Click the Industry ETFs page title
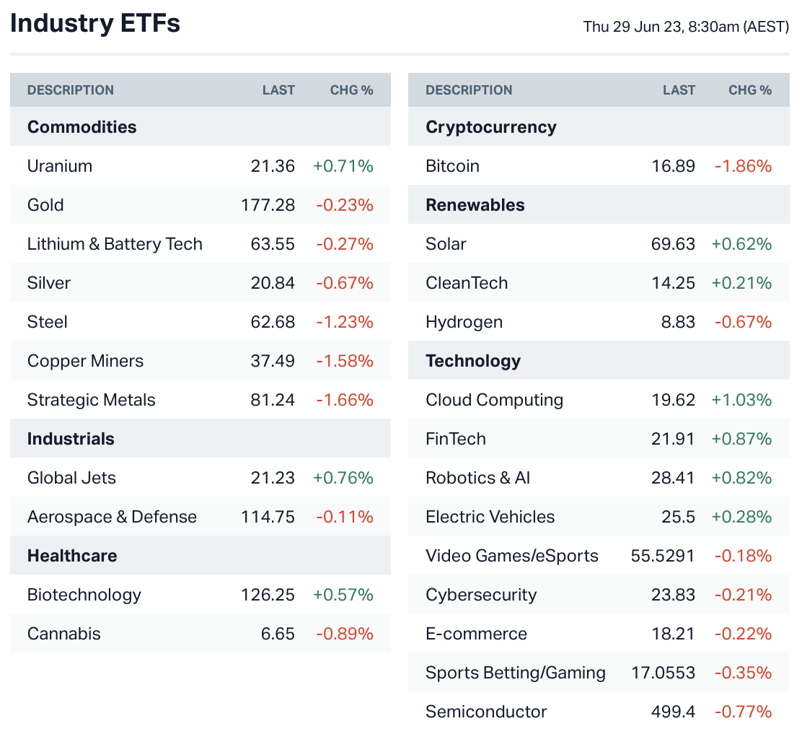click(x=95, y=24)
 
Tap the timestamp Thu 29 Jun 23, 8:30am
click(x=686, y=27)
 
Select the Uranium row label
click(x=60, y=166)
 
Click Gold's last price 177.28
click(x=268, y=205)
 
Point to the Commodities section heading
click(x=81, y=127)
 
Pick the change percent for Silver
click(x=345, y=283)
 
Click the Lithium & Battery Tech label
click(x=115, y=244)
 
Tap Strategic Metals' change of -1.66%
click(x=345, y=400)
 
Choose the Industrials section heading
click(x=71, y=439)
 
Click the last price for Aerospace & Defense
click(x=268, y=517)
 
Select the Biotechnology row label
click(x=84, y=595)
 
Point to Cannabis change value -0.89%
click(x=345, y=634)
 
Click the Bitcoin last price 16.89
click(x=673, y=166)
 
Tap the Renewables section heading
click(x=475, y=205)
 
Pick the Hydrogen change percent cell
click(x=743, y=322)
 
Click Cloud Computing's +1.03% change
click(x=741, y=400)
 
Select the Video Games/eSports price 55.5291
click(x=662, y=556)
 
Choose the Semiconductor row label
click(x=486, y=712)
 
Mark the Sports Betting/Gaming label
click(x=516, y=673)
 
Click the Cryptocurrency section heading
click(x=491, y=127)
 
